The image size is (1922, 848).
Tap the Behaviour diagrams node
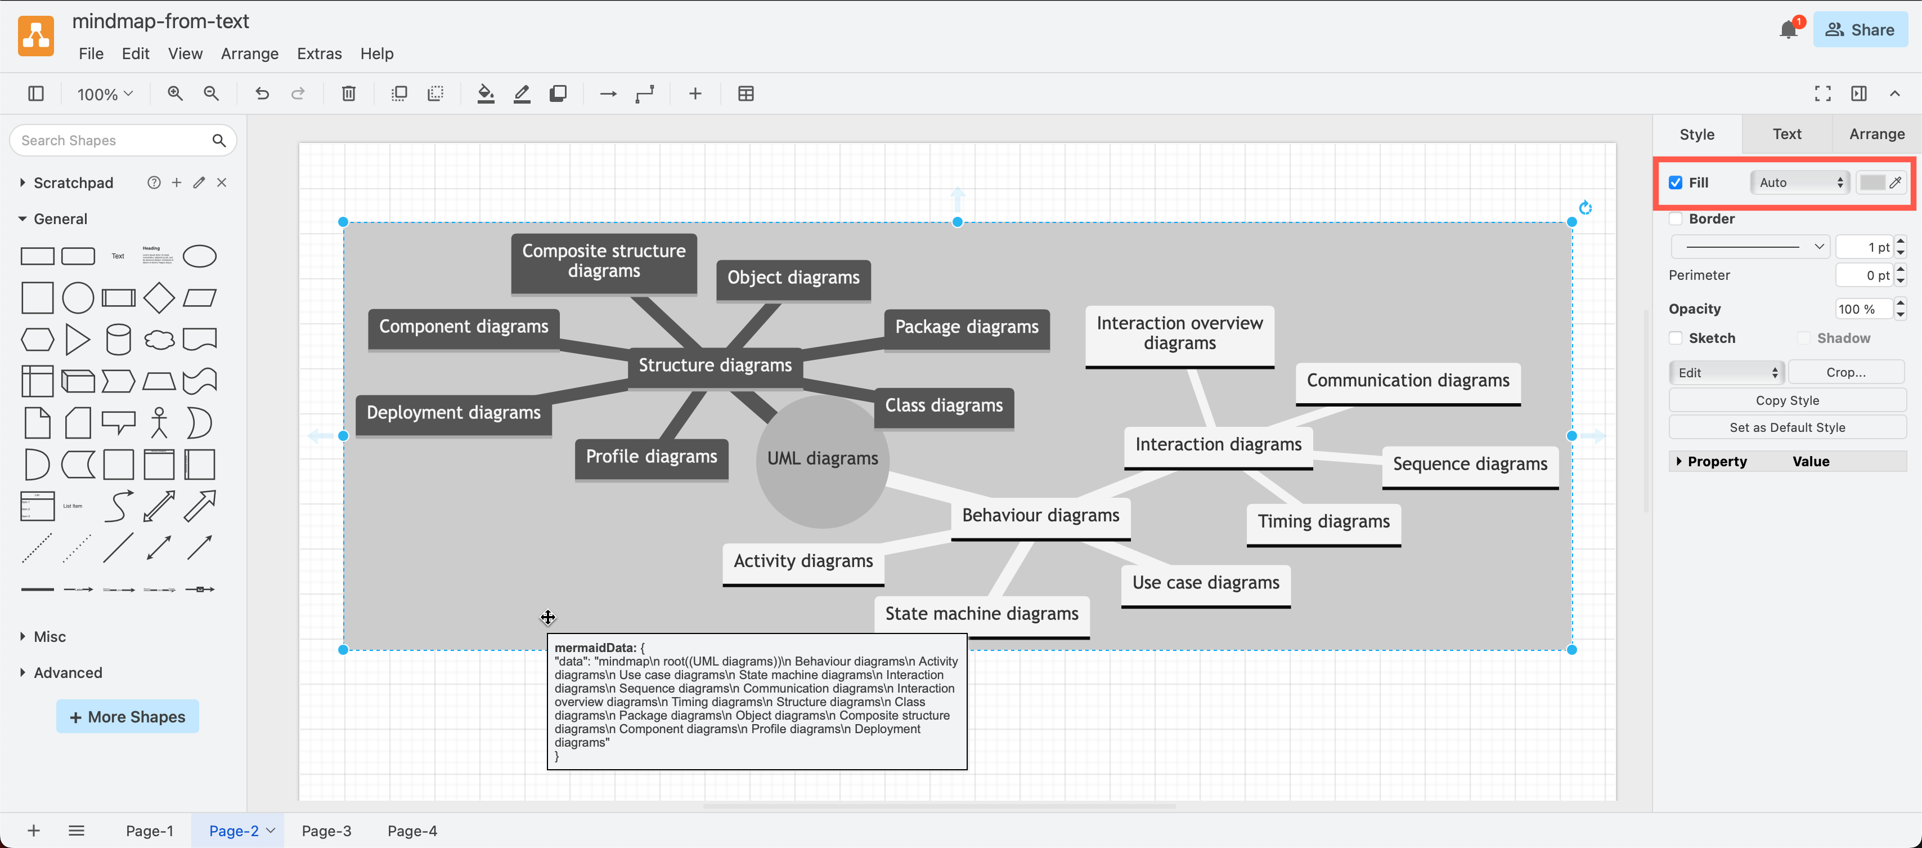pos(1040,516)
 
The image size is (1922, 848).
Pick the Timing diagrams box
pos(1323,522)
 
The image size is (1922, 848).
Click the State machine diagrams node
pos(981,614)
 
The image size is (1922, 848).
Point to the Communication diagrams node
pos(1407,381)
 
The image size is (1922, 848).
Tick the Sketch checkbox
pos(1676,338)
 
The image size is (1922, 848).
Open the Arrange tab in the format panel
pos(1876,135)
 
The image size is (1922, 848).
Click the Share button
pos(1860,30)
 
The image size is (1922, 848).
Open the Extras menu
pos(318,53)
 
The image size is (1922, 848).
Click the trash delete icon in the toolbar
pos(348,94)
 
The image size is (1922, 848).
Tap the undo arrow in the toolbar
pos(262,94)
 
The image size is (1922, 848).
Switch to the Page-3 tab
pos(326,831)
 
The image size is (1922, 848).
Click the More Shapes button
pos(128,717)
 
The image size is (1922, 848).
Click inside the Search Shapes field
pos(112,140)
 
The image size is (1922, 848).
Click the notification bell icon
pos(1788,30)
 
